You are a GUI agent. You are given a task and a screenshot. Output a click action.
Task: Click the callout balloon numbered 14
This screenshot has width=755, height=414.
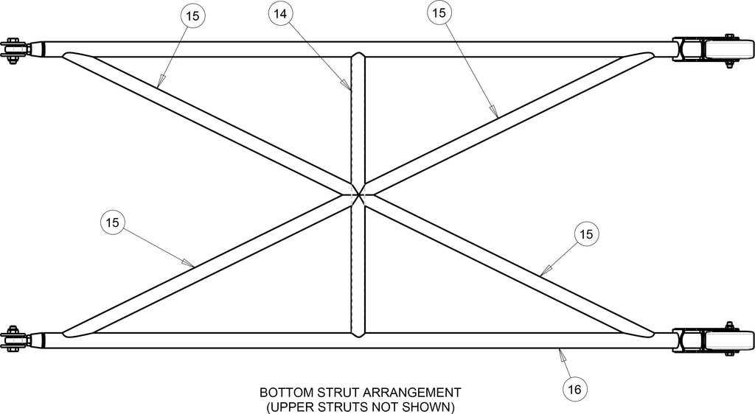tap(280, 14)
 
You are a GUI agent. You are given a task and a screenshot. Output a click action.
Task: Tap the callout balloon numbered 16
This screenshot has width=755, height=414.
tap(575, 388)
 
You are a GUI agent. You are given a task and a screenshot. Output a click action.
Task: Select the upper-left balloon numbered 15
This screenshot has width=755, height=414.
tap(192, 16)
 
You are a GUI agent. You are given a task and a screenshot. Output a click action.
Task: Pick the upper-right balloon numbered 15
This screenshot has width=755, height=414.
tap(439, 13)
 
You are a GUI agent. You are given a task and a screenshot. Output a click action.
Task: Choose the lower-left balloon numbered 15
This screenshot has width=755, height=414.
tap(113, 222)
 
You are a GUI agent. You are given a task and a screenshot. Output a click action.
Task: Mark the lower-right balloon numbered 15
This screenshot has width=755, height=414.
tap(586, 234)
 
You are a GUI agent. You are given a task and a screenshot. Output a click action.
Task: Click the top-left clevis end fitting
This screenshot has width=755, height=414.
tap(21, 49)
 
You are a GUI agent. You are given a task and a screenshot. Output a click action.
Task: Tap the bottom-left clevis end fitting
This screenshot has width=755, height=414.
tap(21, 340)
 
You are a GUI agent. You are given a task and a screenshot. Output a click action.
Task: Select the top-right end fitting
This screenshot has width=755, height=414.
tap(713, 49)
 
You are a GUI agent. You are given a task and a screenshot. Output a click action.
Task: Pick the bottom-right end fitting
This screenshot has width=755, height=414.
tap(713, 340)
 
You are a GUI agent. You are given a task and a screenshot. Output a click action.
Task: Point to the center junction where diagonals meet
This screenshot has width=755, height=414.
tap(358, 194)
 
